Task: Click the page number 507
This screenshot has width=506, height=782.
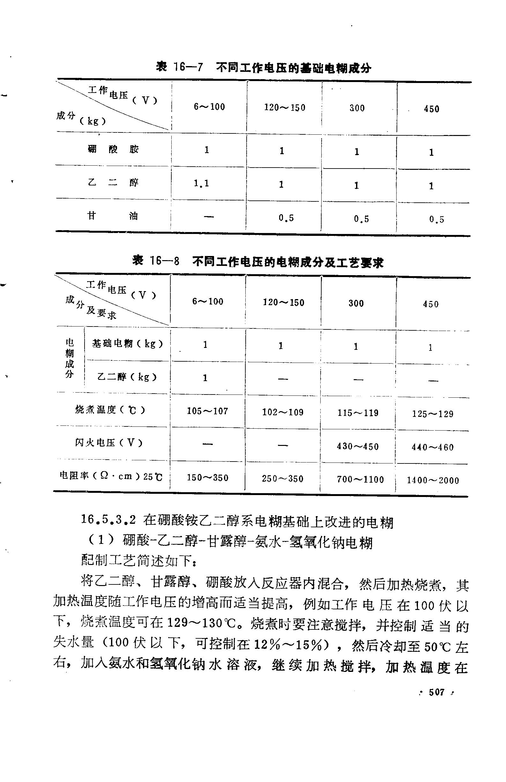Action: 436,692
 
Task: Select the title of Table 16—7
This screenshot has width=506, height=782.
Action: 263,68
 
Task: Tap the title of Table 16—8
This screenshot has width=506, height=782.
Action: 258,262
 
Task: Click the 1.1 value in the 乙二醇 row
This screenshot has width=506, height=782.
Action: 201,183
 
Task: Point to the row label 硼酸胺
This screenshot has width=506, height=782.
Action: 113,149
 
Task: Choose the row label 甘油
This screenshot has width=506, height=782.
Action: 112,216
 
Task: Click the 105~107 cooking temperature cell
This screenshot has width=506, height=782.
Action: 207,411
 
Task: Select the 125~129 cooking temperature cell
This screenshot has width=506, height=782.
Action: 432,414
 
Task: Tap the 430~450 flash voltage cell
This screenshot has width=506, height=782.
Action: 358,446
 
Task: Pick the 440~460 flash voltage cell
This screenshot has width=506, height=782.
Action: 432,447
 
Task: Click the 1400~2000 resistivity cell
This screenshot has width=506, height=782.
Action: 432,480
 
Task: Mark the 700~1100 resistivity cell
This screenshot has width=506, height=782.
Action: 360,479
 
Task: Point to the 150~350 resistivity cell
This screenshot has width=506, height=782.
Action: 207,478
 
